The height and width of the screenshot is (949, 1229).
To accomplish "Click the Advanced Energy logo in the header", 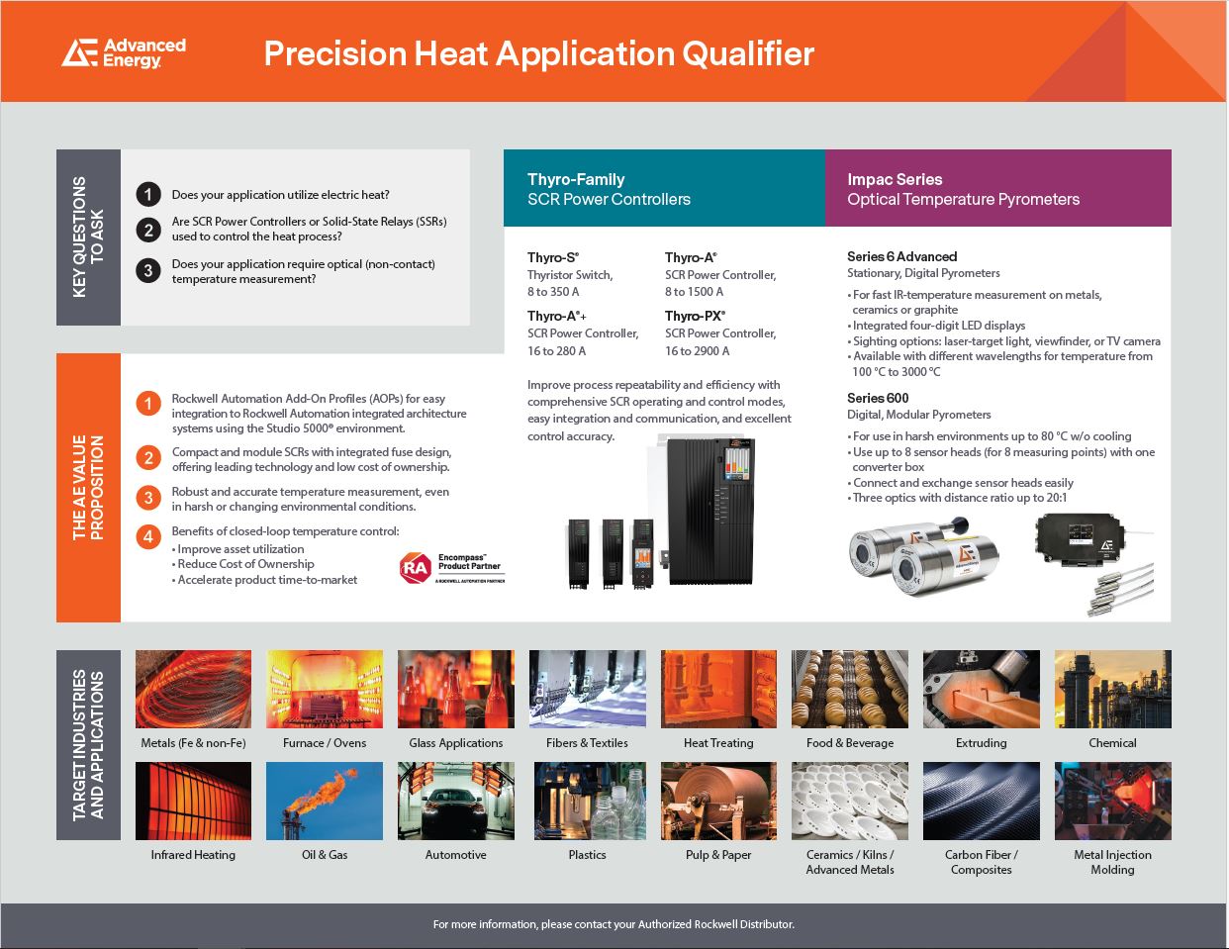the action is click(x=124, y=53).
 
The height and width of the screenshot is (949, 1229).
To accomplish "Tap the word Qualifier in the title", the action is click(x=748, y=53).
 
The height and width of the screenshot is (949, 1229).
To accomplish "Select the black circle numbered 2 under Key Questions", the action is click(x=148, y=230).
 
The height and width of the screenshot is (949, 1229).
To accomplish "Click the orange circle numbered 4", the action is click(x=148, y=536).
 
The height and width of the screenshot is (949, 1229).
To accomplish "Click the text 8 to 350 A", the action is click(x=553, y=292).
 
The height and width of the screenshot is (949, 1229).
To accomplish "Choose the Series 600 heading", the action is click(x=878, y=398).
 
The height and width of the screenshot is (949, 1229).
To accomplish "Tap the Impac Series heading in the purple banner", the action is click(x=895, y=179).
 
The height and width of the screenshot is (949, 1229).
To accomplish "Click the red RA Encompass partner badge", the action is click(x=452, y=567).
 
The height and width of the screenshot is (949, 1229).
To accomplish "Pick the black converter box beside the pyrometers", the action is click(x=1080, y=539).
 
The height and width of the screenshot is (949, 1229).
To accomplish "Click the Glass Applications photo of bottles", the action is click(x=456, y=689).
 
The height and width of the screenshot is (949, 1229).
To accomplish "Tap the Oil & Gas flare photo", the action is click(x=325, y=801).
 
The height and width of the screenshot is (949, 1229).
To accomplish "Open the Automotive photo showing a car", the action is click(x=456, y=801).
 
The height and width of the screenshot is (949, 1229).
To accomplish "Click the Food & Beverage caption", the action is click(x=850, y=743).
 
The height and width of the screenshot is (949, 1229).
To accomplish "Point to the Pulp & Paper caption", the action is click(x=718, y=855).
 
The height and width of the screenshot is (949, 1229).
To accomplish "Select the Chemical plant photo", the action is click(x=1112, y=689).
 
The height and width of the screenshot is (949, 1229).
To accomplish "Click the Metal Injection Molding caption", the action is click(x=1112, y=862).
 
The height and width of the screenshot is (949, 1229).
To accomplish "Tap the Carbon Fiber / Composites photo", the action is click(x=982, y=801).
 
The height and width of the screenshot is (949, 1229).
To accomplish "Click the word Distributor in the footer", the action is click(x=767, y=924).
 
